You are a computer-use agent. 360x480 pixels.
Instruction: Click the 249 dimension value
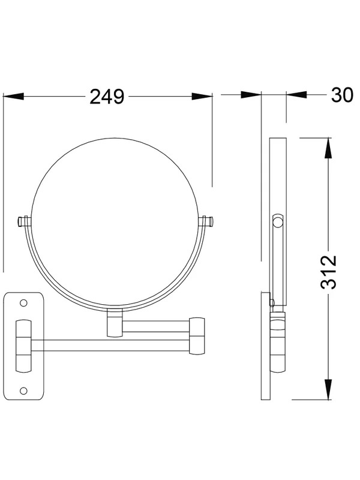(107, 97)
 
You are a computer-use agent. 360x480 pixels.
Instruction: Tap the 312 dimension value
(328, 272)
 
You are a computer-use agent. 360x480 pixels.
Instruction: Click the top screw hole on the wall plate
(23, 303)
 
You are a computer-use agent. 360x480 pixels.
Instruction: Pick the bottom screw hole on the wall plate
(23, 391)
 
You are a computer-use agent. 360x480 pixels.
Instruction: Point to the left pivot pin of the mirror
(24, 221)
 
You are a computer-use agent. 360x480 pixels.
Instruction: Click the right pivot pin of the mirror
(206, 221)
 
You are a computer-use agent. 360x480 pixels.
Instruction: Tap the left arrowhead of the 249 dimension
(13, 97)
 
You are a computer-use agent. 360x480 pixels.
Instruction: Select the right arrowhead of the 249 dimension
(202, 97)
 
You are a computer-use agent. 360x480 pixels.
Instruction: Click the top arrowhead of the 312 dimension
(328, 148)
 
